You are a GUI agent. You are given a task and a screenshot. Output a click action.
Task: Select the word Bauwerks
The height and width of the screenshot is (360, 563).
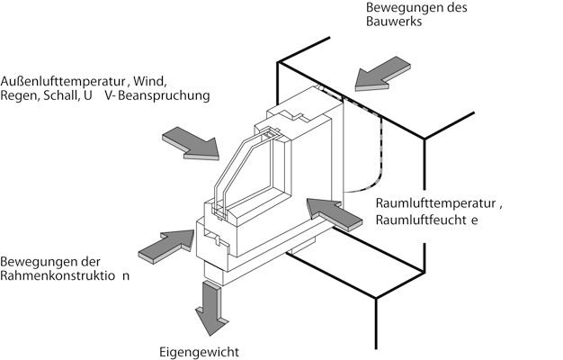pyautogui.click(x=392, y=22)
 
